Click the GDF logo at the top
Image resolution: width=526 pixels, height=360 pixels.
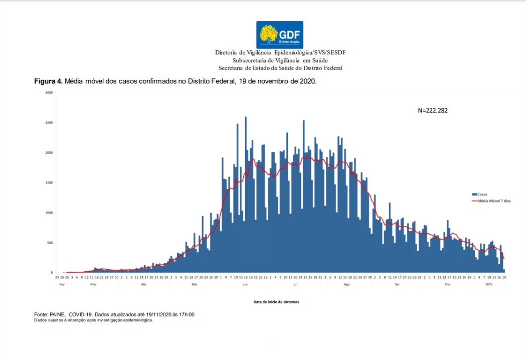click(x=279, y=35)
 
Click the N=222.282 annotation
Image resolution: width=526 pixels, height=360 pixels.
click(x=432, y=110)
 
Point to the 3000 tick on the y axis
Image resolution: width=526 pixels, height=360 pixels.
click(x=48, y=93)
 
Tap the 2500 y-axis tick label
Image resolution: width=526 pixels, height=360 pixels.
click(x=48, y=123)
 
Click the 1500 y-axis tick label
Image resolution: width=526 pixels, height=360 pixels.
click(x=48, y=183)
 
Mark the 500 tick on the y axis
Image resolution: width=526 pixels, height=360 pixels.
click(x=49, y=243)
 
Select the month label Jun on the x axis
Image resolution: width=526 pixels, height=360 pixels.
click(x=245, y=284)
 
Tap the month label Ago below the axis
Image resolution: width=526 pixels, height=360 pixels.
click(x=346, y=284)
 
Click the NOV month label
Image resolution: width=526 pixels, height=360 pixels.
click(x=489, y=284)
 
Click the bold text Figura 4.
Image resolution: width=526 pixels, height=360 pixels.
click(x=48, y=81)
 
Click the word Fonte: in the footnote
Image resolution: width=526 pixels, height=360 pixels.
click(x=41, y=314)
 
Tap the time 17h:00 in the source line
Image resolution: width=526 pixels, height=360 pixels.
click(x=185, y=314)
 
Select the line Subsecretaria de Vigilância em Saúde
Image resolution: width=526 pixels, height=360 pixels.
click(x=280, y=60)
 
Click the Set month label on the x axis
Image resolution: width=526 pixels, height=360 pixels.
click(x=397, y=284)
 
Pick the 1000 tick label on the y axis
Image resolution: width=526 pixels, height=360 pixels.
click(x=48, y=213)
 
